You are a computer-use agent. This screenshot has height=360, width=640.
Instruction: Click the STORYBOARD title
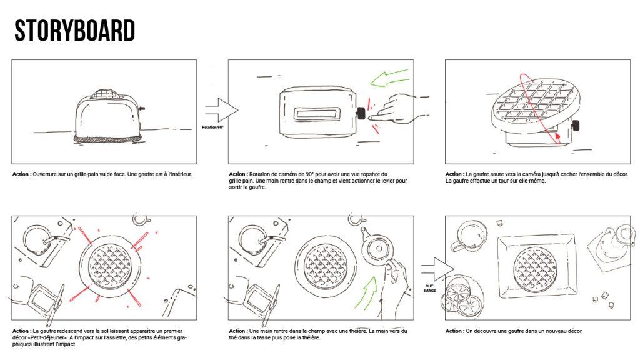[75, 30]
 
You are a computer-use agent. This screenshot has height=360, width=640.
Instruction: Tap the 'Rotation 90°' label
[213, 127]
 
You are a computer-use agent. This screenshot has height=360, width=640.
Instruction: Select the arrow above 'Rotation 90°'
[220, 111]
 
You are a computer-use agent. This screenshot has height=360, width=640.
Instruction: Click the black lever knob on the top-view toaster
[361, 113]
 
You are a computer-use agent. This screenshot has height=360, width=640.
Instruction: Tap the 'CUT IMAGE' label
[429, 289]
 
